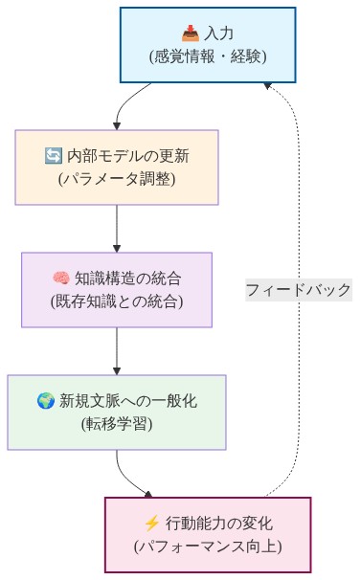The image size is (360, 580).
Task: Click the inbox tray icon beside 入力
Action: pyautogui.click(x=188, y=34)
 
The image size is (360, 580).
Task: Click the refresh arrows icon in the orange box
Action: pyautogui.click(x=54, y=156)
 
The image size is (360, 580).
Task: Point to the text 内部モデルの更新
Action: pyautogui.click(x=126, y=156)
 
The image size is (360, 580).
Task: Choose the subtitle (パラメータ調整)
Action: pyautogui.click(x=116, y=179)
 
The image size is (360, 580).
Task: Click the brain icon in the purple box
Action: pyautogui.click(x=61, y=279)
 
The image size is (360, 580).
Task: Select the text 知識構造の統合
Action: pyautogui.click(x=128, y=279)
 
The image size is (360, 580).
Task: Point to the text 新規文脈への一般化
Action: pyautogui.click(x=126, y=400)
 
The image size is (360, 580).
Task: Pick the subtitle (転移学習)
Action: pyautogui.click(x=116, y=423)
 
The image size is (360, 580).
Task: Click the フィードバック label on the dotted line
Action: pyautogui.click(x=298, y=289)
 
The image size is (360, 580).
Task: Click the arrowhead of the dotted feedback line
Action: pyautogui.click(x=269, y=84)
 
